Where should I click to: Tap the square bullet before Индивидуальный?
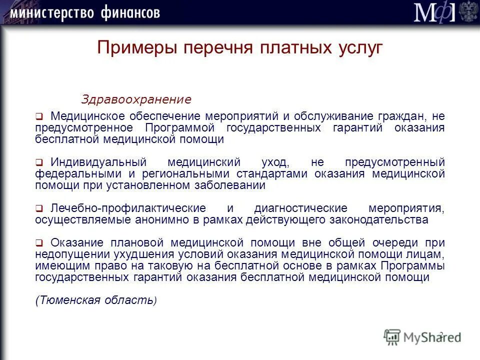pos(38,163)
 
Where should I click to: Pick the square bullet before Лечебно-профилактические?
pos(38,208)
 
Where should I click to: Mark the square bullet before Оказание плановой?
pos(38,243)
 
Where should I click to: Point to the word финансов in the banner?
pos(129,12)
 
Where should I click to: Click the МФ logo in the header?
pos(434,12)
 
